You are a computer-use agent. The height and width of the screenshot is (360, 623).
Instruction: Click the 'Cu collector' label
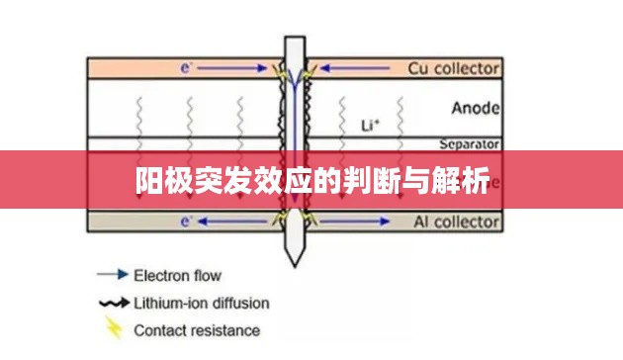point(454,68)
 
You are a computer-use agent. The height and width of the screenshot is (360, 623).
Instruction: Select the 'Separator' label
point(468,143)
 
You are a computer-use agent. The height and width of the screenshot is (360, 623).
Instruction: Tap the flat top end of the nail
point(294,41)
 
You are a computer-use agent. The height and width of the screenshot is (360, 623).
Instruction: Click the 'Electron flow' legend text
point(177,275)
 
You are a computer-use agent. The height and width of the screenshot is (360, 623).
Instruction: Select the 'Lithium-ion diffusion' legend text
point(201,303)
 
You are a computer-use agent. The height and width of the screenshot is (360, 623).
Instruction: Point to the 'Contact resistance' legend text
point(197,330)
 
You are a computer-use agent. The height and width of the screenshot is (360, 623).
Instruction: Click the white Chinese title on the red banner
point(311,181)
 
